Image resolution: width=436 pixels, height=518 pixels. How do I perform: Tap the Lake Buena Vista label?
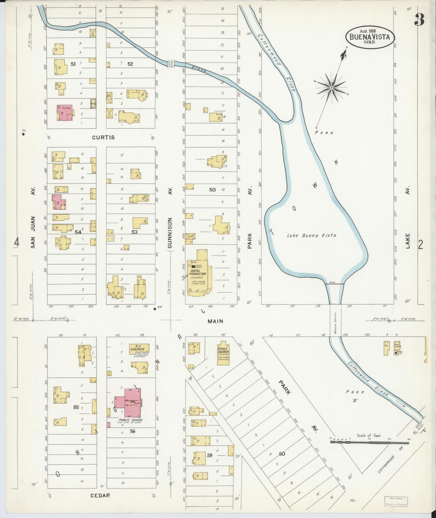(x=311, y=235)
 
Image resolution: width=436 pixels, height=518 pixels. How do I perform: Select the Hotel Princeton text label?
(x=198, y=272)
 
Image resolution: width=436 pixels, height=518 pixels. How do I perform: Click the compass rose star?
(x=331, y=88)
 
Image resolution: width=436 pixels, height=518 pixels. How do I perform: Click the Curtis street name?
(x=103, y=137)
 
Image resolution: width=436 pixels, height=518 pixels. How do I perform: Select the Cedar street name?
(x=100, y=495)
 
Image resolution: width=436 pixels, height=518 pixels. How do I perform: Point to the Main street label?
(x=215, y=321)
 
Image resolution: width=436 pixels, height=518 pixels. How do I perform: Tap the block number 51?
(x=73, y=64)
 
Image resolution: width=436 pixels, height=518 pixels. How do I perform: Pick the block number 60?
(x=282, y=454)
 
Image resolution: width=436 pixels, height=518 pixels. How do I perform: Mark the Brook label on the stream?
(x=199, y=69)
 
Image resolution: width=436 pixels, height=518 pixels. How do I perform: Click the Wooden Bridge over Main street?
(x=335, y=321)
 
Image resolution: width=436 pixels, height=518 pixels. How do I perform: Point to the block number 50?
(x=212, y=190)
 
